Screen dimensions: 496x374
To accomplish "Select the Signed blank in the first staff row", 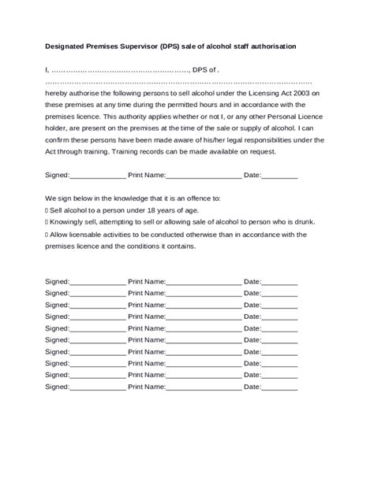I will coord(98,281).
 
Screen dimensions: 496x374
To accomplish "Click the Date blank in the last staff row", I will coord(280,387).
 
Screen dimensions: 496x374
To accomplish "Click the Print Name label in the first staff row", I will coord(147,281).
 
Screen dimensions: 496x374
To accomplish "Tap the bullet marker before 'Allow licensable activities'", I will coord(47,235).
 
